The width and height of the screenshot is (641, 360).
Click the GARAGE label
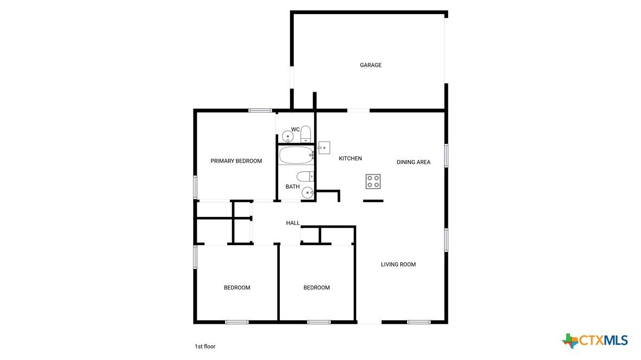(370, 65)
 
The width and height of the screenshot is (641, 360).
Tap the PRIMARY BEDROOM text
(236, 161)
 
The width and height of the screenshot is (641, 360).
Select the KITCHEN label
(350, 158)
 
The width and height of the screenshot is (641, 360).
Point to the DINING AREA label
(413, 162)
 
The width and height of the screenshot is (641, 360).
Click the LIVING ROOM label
(398, 265)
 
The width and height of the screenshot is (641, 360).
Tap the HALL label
(293, 223)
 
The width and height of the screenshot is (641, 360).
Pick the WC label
(295, 130)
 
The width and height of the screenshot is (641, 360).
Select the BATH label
(292, 187)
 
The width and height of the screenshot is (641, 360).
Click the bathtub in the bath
(297, 155)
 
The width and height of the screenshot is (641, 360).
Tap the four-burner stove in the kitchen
(373, 182)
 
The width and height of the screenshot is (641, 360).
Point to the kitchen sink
(324, 147)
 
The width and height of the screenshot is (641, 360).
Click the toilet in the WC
(305, 134)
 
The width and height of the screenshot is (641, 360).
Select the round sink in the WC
(288, 137)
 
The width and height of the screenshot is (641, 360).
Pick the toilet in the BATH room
(305, 177)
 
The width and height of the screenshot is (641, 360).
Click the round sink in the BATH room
(308, 192)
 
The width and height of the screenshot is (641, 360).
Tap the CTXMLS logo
(595, 340)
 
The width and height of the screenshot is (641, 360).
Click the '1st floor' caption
(205, 346)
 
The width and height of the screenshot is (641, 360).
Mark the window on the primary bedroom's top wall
(260, 110)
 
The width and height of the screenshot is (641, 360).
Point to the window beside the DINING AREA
(446, 155)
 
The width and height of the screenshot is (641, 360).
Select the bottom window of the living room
(419, 322)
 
